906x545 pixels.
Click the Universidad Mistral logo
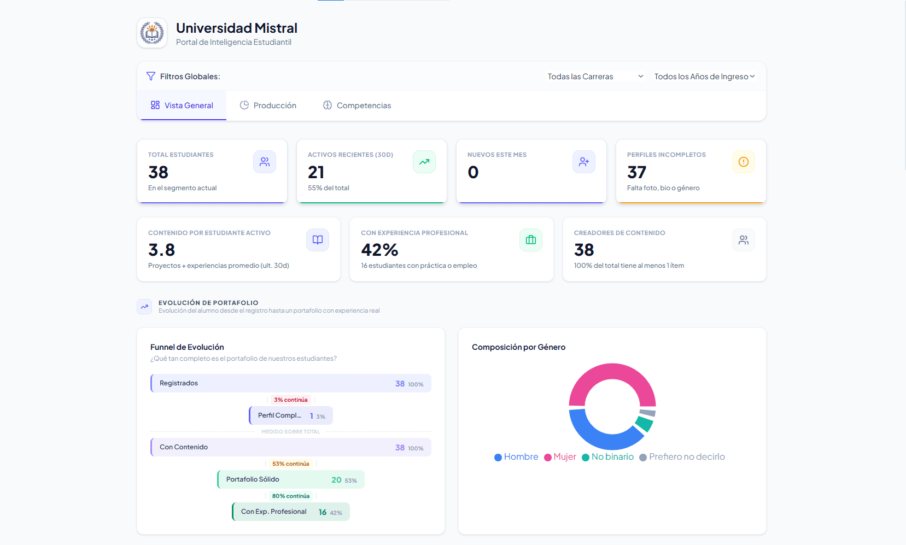pyautogui.click(x=152, y=33)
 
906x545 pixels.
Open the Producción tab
pyautogui.click(x=268, y=106)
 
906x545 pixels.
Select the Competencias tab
pyautogui.click(x=357, y=106)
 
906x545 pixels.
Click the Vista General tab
pyautogui.click(x=182, y=106)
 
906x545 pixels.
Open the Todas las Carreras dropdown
pyautogui.click(x=595, y=77)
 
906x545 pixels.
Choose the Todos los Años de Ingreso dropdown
pyautogui.click(x=704, y=77)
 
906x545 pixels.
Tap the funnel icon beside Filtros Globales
pyautogui.click(x=151, y=77)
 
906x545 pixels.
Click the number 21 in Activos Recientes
pyautogui.click(x=316, y=172)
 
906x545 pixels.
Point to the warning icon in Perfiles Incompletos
pyautogui.click(x=743, y=162)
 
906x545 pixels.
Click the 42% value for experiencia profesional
pyautogui.click(x=379, y=250)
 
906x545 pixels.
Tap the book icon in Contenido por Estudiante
pyautogui.click(x=318, y=240)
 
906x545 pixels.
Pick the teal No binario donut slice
pyautogui.click(x=645, y=424)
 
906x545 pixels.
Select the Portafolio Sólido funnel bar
pyautogui.click(x=291, y=479)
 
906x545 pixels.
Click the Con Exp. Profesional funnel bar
pyautogui.click(x=291, y=512)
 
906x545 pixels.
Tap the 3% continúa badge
pyautogui.click(x=290, y=400)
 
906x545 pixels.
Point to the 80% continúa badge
pyautogui.click(x=290, y=496)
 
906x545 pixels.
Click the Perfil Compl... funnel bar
pyautogui.click(x=291, y=415)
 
